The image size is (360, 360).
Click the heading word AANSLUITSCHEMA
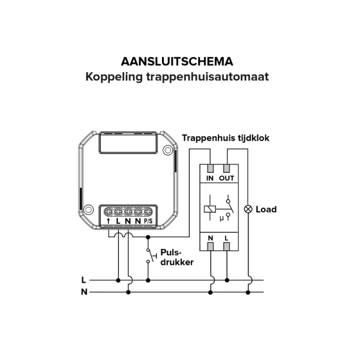[177, 62]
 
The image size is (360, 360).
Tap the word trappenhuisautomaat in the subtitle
[208, 77]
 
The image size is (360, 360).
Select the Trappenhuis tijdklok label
[226, 138]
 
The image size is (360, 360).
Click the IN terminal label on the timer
[210, 178]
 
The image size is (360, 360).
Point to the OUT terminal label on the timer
[226, 178]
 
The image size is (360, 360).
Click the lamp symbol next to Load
[248, 209]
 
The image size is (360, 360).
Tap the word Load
[266, 209]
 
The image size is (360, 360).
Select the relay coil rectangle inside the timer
[210, 209]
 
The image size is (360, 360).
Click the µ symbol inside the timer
[221, 218]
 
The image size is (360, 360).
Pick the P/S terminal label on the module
[148, 221]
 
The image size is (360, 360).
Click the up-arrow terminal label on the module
[109, 221]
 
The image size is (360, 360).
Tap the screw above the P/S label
[148, 211]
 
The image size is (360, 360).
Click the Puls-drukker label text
[177, 257]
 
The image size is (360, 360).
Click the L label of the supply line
[83, 280]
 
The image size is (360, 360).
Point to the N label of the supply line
[84, 292]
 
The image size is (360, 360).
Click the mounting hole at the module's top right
[168, 150]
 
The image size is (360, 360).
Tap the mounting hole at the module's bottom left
[88, 209]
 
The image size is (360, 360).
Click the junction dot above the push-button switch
[148, 237]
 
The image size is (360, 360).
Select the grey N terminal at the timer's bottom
[211, 247]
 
